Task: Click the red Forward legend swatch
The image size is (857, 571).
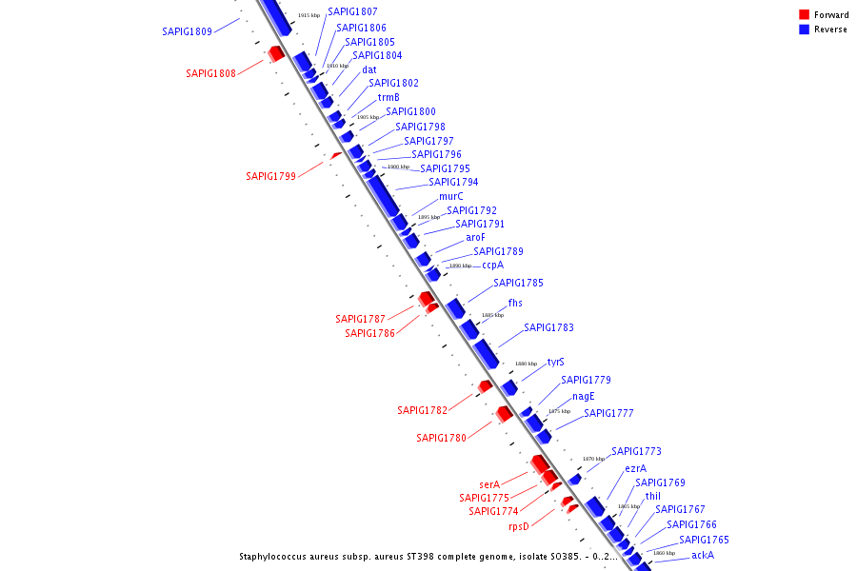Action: pyautogui.click(x=805, y=14)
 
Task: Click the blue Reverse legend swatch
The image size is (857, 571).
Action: pyautogui.click(x=805, y=30)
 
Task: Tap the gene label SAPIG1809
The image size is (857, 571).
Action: pyautogui.click(x=187, y=31)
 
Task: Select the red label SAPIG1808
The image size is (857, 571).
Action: pyautogui.click(x=210, y=73)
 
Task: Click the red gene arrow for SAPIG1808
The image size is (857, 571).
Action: pyautogui.click(x=276, y=53)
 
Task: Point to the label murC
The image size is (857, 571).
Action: pyautogui.click(x=451, y=197)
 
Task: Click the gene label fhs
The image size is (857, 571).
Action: pyautogui.click(x=515, y=304)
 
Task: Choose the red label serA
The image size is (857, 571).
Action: pyautogui.click(x=489, y=484)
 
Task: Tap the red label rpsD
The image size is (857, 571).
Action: pyautogui.click(x=519, y=526)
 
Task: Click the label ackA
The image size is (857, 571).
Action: pyautogui.click(x=703, y=555)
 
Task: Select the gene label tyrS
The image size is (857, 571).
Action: pyautogui.click(x=555, y=363)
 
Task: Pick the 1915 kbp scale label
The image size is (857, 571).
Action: pyautogui.click(x=309, y=15)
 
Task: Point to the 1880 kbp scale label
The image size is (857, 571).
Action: pyautogui.click(x=526, y=364)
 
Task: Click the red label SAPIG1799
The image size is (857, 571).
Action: pyautogui.click(x=270, y=176)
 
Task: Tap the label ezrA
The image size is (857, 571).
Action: pyautogui.click(x=636, y=468)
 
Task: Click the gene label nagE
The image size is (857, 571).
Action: pyautogui.click(x=584, y=396)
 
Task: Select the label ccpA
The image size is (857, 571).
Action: pyautogui.click(x=492, y=266)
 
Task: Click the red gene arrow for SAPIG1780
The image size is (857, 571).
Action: pyautogui.click(x=505, y=414)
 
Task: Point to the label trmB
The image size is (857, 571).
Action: pyautogui.click(x=389, y=97)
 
